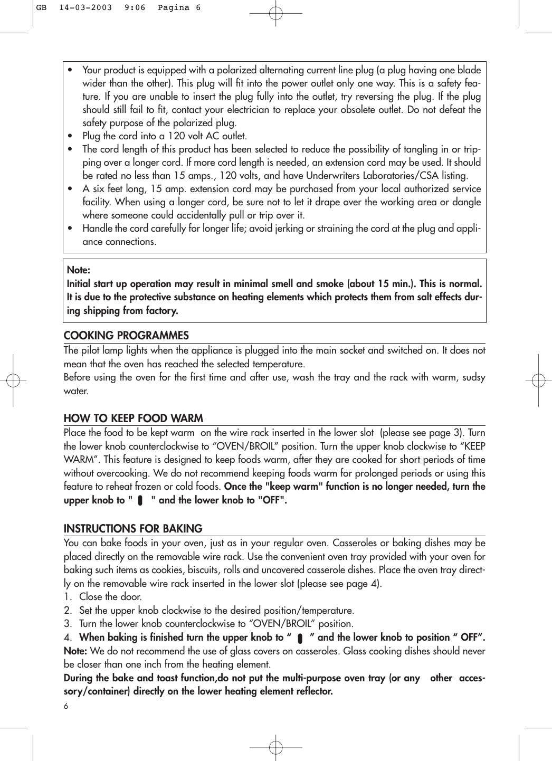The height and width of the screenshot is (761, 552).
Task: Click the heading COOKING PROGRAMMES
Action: click(x=126, y=336)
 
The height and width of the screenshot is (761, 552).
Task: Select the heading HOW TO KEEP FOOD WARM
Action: click(x=133, y=418)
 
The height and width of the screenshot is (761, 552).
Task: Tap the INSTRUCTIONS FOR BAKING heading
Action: click(x=133, y=529)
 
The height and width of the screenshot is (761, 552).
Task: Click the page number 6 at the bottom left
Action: click(x=66, y=706)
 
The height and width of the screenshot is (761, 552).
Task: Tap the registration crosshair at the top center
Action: click(x=275, y=13)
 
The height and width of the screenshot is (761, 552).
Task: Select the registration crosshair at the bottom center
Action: click(x=275, y=747)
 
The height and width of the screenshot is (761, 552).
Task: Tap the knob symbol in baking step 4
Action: click(x=300, y=639)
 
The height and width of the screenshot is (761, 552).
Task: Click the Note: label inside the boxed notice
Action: click(x=79, y=270)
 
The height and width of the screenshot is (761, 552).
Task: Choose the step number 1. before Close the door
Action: click(x=68, y=597)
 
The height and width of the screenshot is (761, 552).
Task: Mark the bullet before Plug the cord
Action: click(x=71, y=136)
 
